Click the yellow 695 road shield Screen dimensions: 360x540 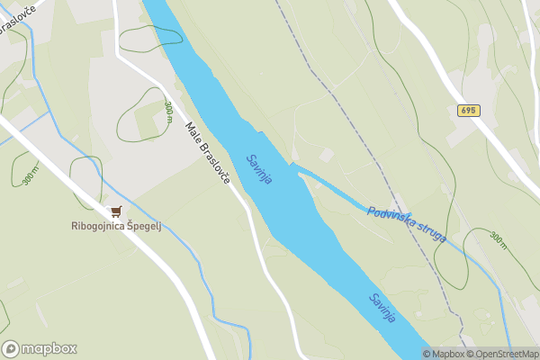pos(468,111)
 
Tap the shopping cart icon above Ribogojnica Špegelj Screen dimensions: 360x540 pos(115,212)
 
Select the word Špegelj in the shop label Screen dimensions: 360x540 pos(148,226)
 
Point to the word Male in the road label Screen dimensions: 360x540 pos(192,131)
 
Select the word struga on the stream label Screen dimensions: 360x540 pos(432,231)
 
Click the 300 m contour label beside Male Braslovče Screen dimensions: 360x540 pos(169,111)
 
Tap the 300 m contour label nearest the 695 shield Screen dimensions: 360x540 pos(498,239)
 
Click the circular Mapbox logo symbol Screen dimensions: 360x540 pos(11,348)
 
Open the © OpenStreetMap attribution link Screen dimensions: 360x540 pos(502,354)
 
